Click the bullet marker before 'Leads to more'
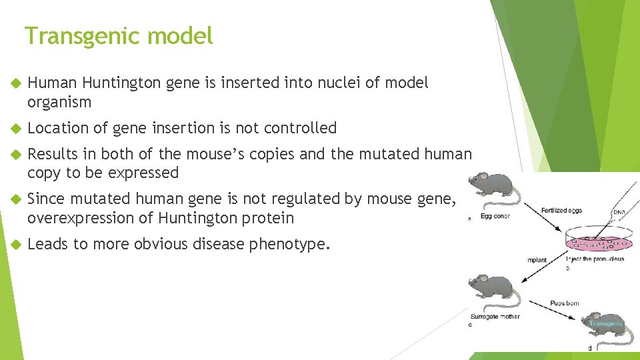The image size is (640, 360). coord(17,244)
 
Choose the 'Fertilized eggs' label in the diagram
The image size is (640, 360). coord(561,211)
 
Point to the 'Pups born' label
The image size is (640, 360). coord(564,303)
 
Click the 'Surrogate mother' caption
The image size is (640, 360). coord(495,317)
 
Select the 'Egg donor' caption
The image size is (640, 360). coord(493,217)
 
